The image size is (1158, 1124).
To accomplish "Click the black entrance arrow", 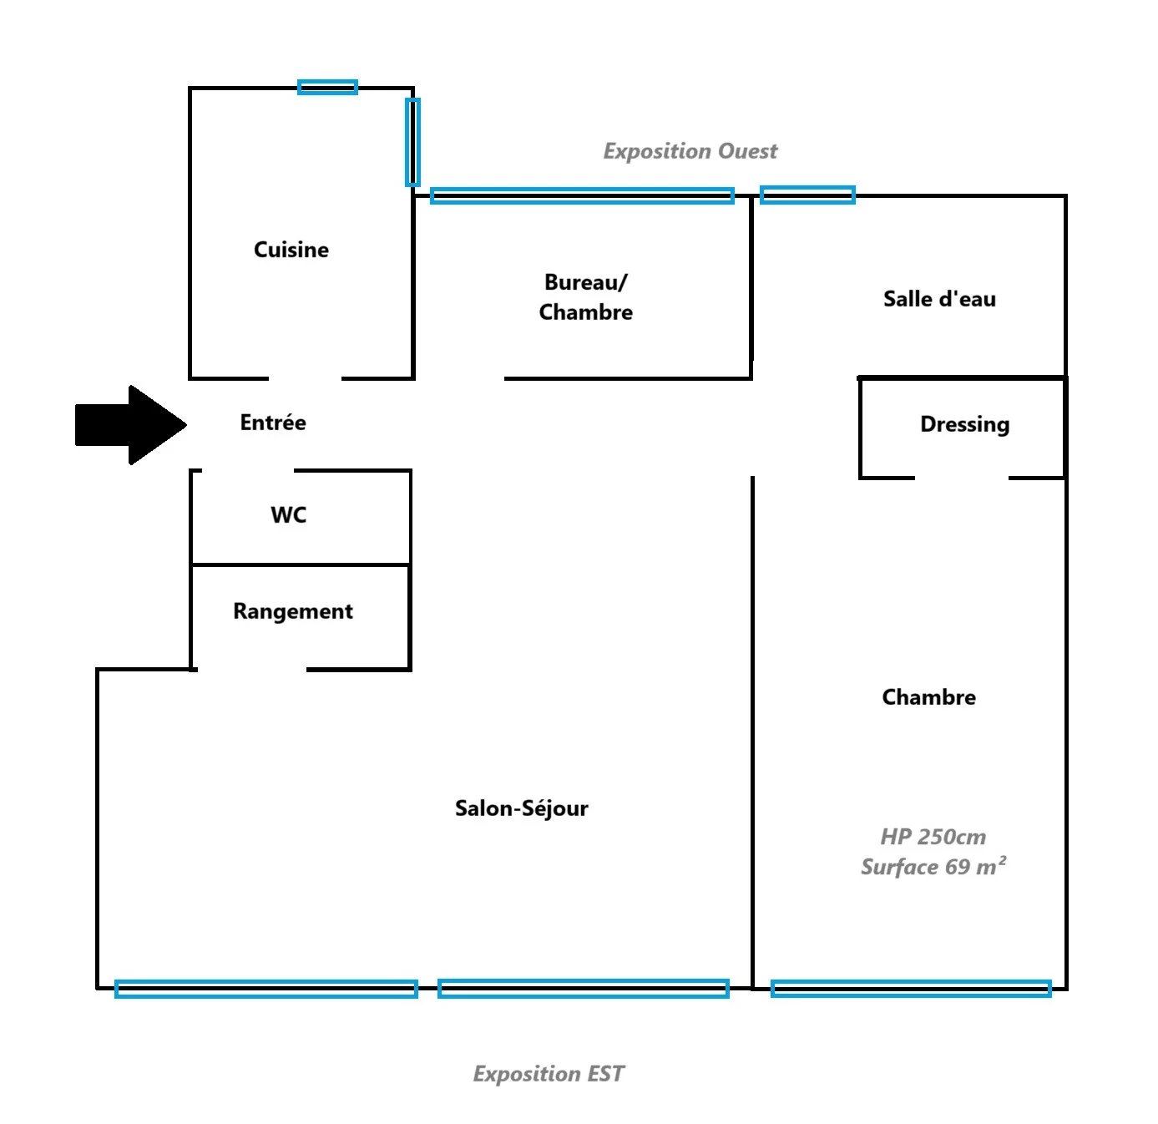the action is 131,424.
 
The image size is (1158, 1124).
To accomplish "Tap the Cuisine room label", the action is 291,250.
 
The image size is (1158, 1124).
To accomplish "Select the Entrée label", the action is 273,422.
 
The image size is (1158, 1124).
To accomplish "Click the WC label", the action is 289,514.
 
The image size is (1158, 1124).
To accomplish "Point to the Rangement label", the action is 293,611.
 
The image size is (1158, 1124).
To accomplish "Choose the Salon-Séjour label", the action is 521,808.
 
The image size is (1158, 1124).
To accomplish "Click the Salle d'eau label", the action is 939,298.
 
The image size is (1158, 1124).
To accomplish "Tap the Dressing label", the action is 964,424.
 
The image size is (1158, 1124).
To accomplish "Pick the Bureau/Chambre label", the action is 585,297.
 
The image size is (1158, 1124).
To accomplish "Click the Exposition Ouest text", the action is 690,151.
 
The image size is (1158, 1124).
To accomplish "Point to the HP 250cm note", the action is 933,837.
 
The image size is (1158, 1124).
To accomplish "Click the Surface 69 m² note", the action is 933,866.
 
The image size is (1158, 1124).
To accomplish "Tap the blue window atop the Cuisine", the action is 328,88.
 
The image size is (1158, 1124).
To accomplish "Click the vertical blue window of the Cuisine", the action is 413,142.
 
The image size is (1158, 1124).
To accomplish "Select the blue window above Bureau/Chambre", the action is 582,195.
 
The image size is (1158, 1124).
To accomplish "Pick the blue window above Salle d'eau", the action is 807,195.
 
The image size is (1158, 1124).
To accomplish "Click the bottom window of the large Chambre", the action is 910,989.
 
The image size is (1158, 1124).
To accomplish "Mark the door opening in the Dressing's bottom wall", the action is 962,478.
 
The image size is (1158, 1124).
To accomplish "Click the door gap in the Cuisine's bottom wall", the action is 306,378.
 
